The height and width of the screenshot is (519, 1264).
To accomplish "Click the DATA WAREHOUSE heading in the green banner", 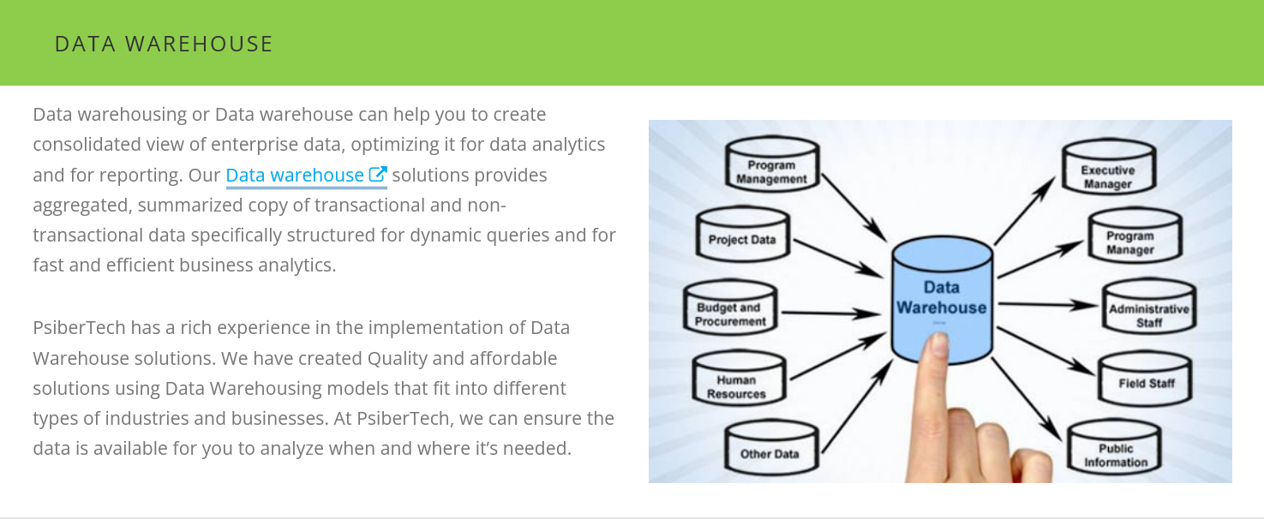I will point(164,44).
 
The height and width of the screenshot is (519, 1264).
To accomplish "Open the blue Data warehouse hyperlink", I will point(295,176).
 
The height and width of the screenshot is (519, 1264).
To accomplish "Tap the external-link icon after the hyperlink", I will point(378,175).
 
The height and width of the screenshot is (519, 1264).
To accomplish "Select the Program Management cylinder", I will point(772,168).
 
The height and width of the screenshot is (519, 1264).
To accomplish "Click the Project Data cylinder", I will point(742,236).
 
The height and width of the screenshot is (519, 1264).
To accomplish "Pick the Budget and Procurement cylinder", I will point(730,311).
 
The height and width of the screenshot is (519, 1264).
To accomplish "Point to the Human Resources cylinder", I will point(736,383).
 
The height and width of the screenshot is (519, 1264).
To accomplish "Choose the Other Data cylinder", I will point(769,450).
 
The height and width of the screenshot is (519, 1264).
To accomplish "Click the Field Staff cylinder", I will point(1146,381).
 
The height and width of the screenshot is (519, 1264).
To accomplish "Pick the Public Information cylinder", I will point(1115,451).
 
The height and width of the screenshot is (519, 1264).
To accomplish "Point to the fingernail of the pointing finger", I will point(938,346).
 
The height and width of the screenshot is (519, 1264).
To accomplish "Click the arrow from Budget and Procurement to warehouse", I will point(827,313).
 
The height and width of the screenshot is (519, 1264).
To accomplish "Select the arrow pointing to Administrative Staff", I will point(1050,304).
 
